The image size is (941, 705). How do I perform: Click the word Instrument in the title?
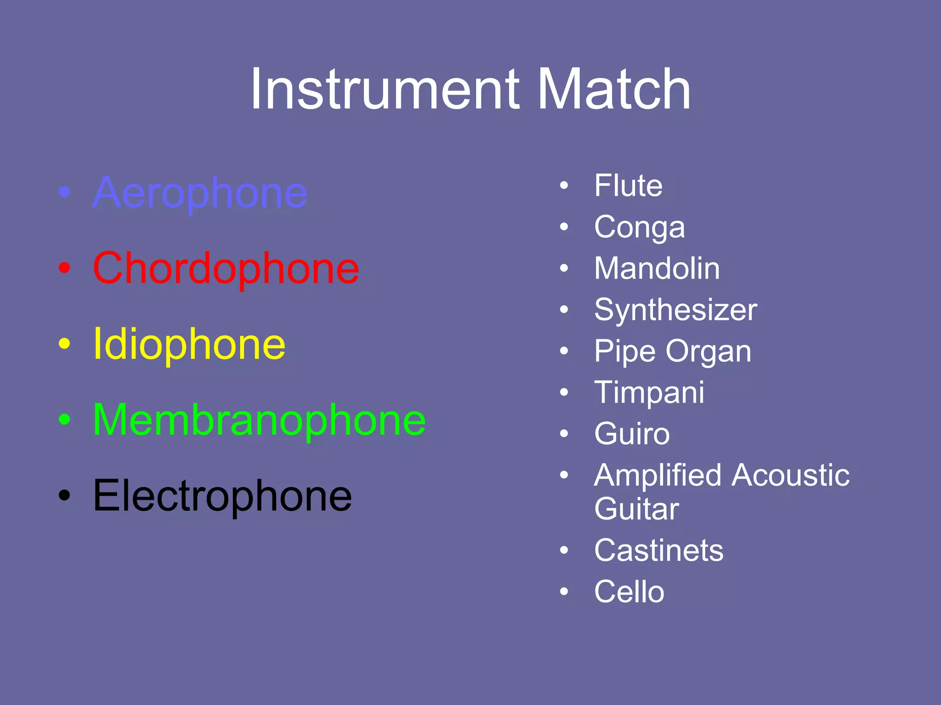coord(385,89)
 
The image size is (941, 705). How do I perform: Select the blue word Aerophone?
coord(200,193)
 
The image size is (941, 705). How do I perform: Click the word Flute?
coord(628,185)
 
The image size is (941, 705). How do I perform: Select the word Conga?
coord(639,227)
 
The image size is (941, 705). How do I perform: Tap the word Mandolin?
coord(657,269)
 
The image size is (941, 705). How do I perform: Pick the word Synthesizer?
coord(675,310)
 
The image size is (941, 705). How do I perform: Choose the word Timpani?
coord(649,393)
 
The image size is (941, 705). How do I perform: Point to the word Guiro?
coord(632,434)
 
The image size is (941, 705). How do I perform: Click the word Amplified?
coord(658,476)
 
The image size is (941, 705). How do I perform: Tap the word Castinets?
coord(658,550)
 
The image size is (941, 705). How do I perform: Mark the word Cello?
coord(629,592)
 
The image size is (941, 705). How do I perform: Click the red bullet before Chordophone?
coord(65,269)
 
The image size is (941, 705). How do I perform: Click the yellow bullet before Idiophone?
coord(65,344)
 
